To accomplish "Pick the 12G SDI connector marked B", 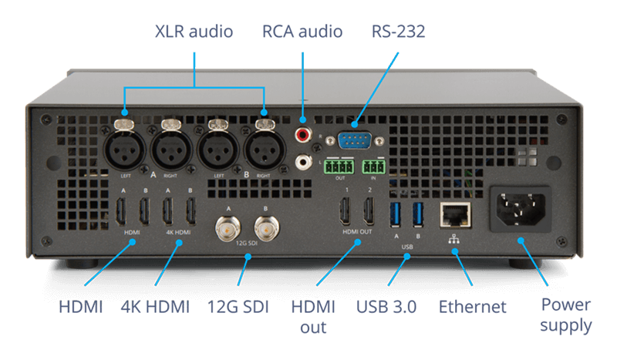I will click(x=267, y=228).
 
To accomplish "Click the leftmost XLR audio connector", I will click(x=124, y=150).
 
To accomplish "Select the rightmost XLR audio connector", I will click(x=263, y=150).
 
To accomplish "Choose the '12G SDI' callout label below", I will click(x=237, y=307).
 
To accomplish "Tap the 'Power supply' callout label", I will click(x=566, y=315).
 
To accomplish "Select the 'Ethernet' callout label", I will click(x=473, y=307).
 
